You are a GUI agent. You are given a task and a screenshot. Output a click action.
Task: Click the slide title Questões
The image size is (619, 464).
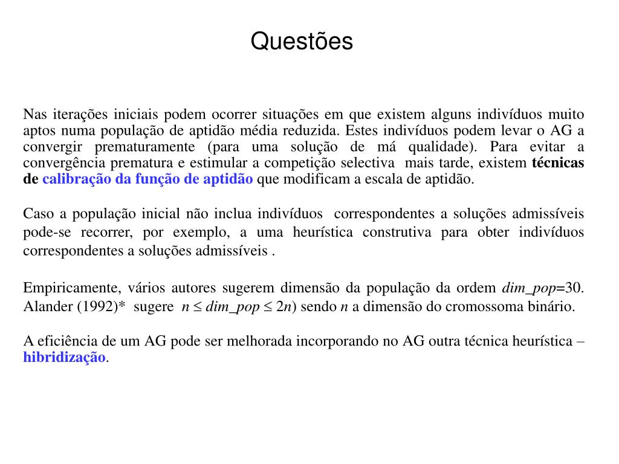[x=302, y=41]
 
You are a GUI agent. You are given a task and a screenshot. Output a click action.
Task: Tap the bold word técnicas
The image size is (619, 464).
[x=558, y=163]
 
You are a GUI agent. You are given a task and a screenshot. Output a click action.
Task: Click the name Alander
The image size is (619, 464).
[x=47, y=306]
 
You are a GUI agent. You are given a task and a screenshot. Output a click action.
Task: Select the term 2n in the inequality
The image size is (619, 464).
[x=284, y=306]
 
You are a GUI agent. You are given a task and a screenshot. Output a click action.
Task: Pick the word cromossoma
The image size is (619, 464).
[x=478, y=306]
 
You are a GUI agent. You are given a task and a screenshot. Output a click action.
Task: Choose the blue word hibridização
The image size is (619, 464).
[x=64, y=357]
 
